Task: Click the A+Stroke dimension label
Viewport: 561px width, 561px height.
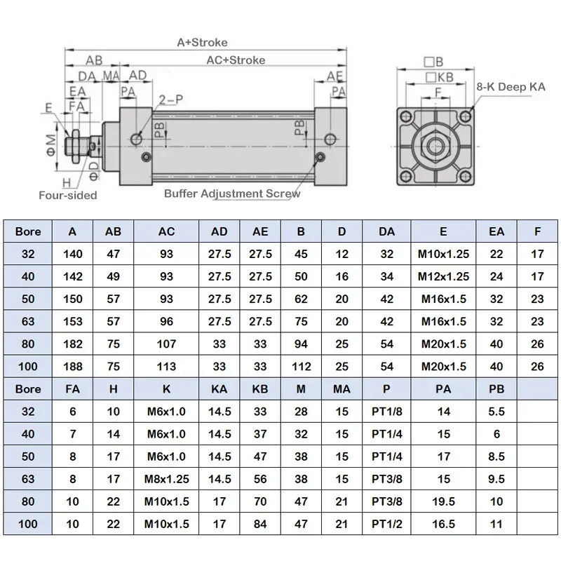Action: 202,43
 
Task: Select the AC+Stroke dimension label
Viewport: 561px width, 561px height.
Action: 236,60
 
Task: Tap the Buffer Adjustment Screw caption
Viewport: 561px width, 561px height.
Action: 232,193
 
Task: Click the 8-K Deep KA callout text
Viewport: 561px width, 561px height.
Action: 511,88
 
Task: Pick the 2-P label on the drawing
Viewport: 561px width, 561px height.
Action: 170,100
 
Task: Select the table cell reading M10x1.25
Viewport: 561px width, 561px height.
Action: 443,255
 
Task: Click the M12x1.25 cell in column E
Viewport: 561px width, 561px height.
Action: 443,277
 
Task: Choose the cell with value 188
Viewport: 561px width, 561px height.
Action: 73,367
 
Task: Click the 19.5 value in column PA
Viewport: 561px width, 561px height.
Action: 444,501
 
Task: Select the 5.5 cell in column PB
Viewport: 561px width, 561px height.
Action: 496,412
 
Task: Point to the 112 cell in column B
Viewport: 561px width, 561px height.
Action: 300,367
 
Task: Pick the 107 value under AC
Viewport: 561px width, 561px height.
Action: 166,344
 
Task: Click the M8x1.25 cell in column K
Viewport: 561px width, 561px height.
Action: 166,479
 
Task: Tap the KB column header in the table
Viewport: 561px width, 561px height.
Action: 260,389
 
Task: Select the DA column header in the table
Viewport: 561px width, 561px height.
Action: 387,231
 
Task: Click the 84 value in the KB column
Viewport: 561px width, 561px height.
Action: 260,524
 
